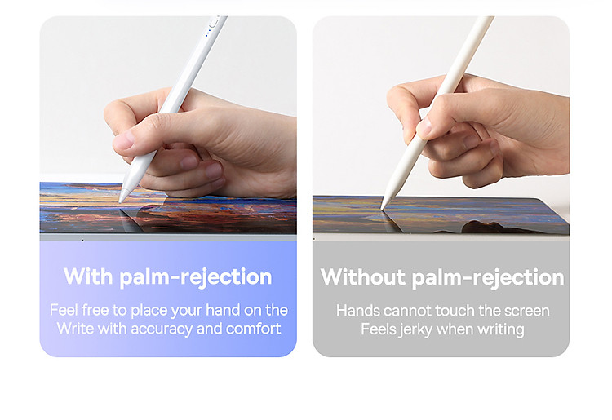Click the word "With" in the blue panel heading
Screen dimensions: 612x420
(88, 276)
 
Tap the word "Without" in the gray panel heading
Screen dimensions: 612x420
(363, 277)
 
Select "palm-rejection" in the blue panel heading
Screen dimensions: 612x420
(196, 277)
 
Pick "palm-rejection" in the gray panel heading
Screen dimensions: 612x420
(488, 278)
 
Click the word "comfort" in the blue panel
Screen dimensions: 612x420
(253, 329)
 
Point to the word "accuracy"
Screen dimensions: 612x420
(162, 329)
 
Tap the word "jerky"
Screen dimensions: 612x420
(415, 330)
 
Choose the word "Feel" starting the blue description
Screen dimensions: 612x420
(64, 310)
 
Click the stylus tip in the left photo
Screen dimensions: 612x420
(121, 201)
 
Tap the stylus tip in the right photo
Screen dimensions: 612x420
(383, 208)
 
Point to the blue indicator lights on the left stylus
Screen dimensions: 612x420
(207, 33)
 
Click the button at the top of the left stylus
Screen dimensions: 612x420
(214, 22)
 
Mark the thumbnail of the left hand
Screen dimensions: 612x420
(125, 140)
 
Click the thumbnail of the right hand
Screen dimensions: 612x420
(424, 126)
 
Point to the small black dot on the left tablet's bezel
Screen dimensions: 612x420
(82, 241)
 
